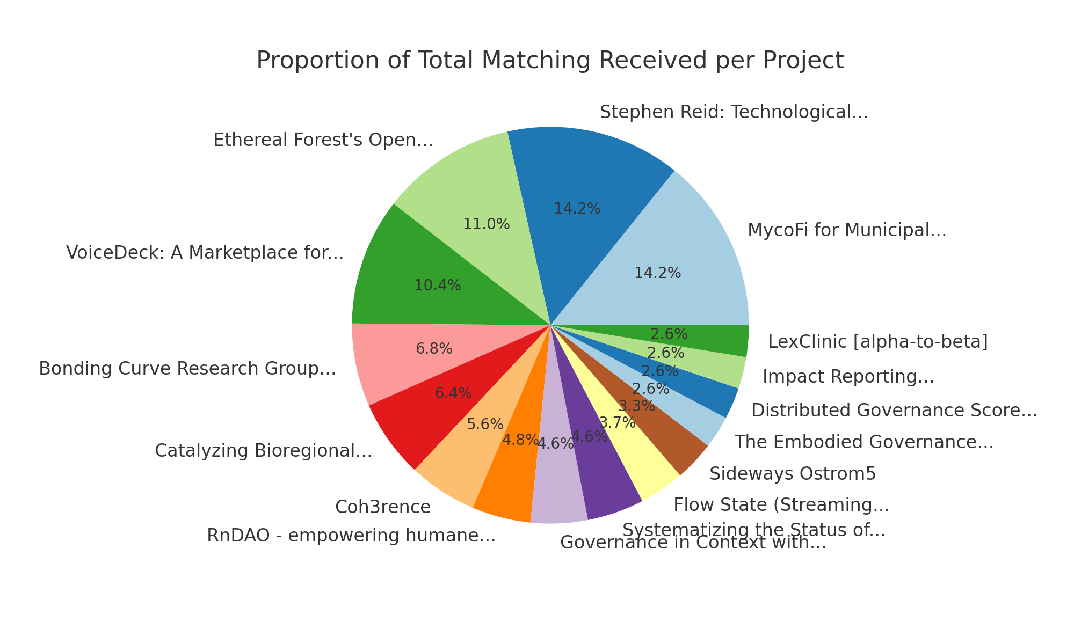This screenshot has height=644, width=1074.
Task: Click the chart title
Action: (550, 60)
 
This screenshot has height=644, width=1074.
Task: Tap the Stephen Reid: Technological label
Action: (734, 113)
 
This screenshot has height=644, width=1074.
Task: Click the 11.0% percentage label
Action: (486, 224)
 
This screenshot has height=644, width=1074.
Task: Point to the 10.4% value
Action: (437, 286)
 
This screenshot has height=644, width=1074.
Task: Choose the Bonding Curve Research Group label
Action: (187, 369)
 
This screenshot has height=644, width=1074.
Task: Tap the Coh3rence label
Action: (382, 507)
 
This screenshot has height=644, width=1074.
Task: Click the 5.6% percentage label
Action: (485, 425)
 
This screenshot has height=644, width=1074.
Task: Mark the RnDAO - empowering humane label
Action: (351, 536)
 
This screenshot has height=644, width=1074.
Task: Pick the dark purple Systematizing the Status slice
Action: (607, 483)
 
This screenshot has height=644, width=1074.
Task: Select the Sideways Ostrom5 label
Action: (792, 473)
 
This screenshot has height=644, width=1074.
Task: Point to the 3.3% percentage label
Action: (636, 406)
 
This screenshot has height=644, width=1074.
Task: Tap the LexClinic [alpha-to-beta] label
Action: (877, 342)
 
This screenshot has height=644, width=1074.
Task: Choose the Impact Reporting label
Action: (848, 377)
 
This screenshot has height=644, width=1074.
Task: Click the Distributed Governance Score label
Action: (894, 411)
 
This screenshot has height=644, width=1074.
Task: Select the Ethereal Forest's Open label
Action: (323, 140)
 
